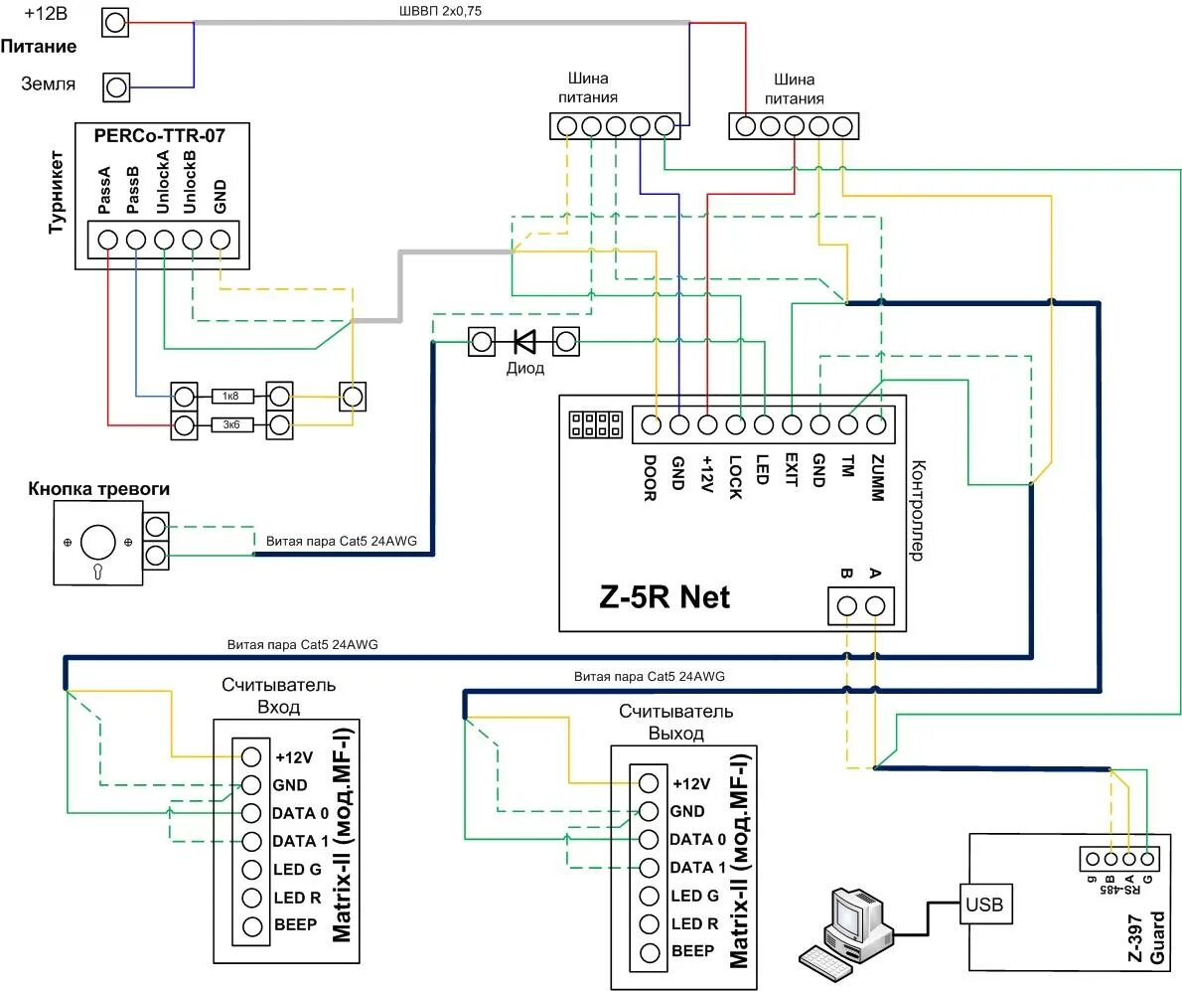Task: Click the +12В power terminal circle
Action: tap(115, 23)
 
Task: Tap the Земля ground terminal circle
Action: tap(116, 87)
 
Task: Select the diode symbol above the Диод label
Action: tap(523, 342)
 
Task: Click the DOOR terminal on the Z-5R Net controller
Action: tap(652, 425)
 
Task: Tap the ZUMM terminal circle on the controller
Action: tap(876, 425)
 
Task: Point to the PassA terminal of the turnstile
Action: tap(108, 240)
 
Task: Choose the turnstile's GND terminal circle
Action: tap(221, 240)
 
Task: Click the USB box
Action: tap(983, 905)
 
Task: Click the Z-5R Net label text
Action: tap(665, 597)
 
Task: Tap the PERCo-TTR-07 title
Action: tap(159, 136)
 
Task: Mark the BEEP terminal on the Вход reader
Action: tap(251, 926)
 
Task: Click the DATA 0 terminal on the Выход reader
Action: tap(649, 839)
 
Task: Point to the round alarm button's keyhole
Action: tap(98, 571)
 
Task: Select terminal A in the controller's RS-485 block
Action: tap(875, 606)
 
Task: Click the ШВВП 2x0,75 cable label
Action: tap(440, 11)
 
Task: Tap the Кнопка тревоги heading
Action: tap(98, 489)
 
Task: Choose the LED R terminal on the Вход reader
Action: tap(251, 898)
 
